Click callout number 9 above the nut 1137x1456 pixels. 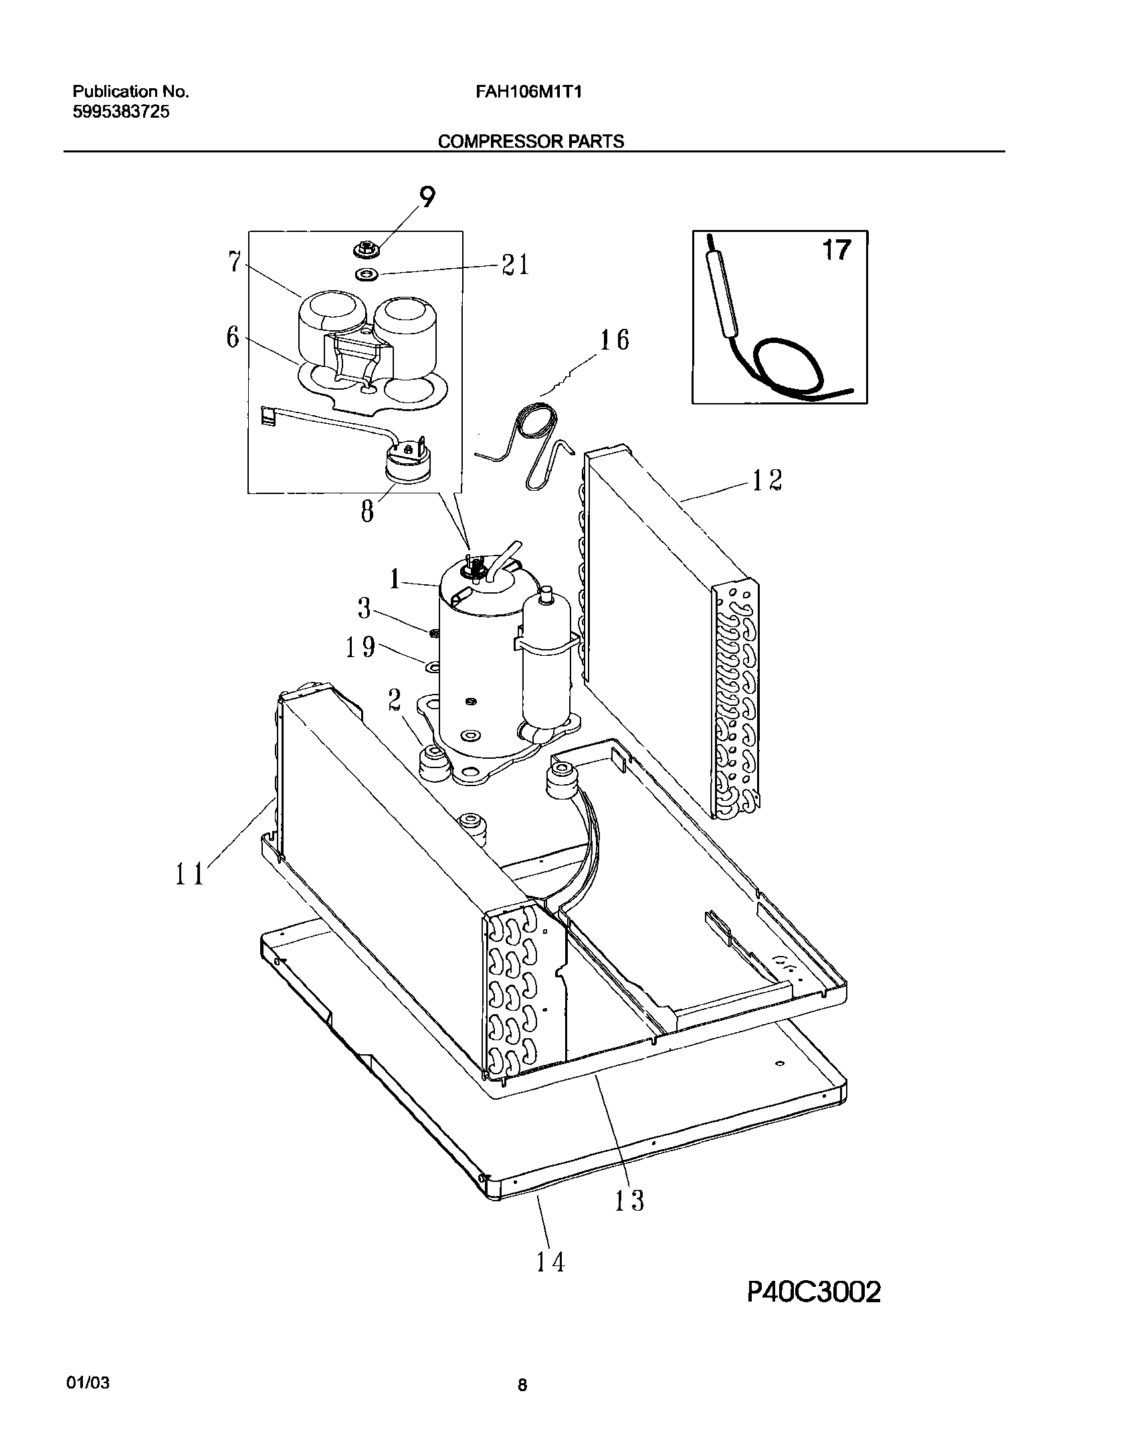tap(427, 198)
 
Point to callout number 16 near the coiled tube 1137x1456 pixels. tap(613, 340)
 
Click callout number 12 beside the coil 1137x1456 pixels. tap(766, 480)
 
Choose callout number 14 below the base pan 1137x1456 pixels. tap(550, 1261)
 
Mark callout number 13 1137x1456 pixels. tap(628, 1200)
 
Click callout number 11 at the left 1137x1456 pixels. tap(189, 874)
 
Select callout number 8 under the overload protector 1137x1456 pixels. tap(367, 513)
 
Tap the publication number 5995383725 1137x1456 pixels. tap(120, 112)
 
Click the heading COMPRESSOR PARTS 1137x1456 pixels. tap(530, 142)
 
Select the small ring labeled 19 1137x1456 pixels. tap(433, 666)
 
